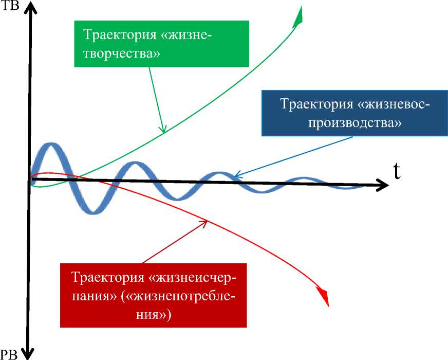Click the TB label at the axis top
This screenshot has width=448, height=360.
pyautogui.click(x=10, y=7)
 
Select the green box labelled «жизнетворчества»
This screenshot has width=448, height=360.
pyautogui.click(x=162, y=44)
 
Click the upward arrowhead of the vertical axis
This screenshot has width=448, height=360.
pyautogui.click(x=31, y=7)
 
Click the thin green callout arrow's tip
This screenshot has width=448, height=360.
pyautogui.click(x=163, y=133)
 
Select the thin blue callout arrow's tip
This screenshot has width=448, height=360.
pyautogui.click(x=234, y=177)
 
